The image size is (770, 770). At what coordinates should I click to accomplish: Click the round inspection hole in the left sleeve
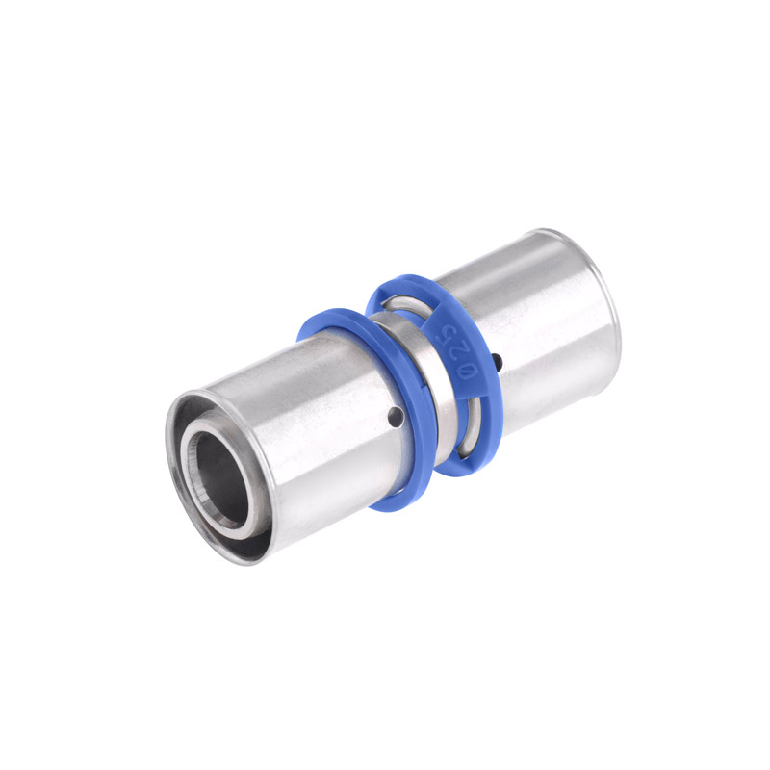click(396, 416)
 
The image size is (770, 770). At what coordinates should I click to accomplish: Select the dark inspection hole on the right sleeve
click(498, 362)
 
